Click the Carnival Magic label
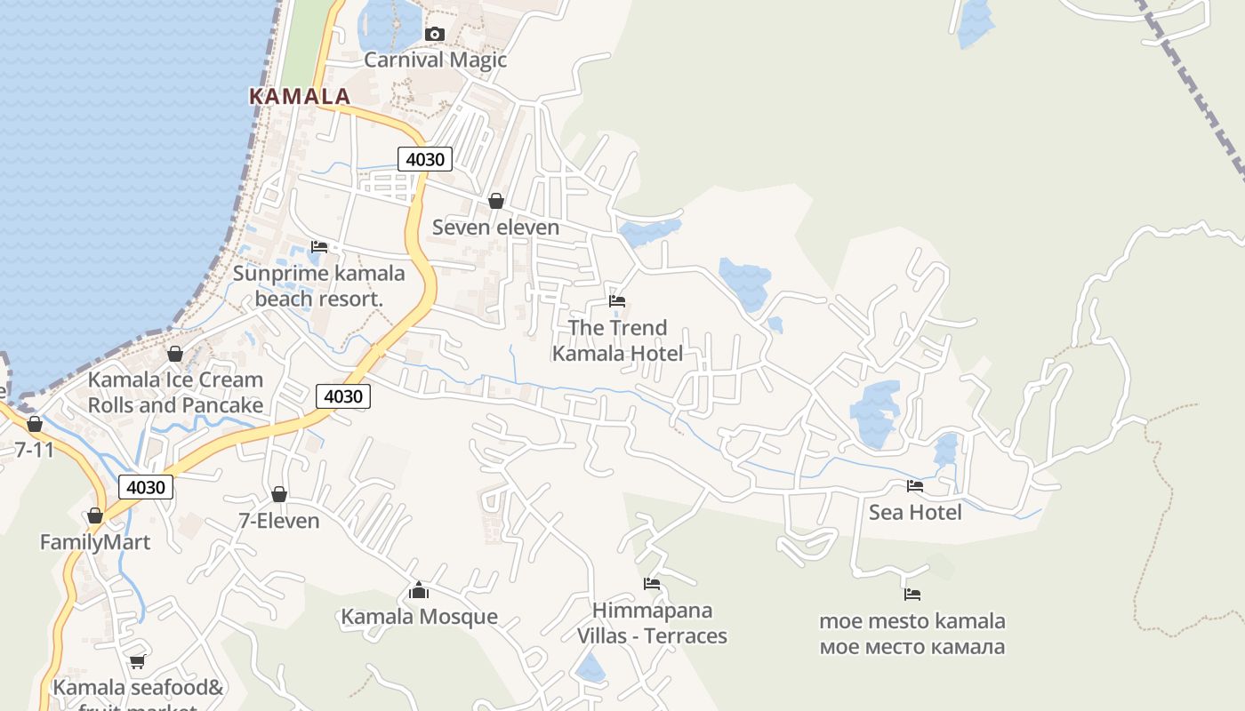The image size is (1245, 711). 435,60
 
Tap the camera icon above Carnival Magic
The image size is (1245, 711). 434,35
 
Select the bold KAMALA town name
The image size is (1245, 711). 300,96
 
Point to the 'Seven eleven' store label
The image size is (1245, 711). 495,227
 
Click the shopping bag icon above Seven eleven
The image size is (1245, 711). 496,202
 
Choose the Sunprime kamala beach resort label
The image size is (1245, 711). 318,285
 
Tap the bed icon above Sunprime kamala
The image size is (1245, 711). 319,246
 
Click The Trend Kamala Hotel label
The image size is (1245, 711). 617,340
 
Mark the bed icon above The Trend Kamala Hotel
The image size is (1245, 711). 617,301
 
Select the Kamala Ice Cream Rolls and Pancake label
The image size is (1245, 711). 175,392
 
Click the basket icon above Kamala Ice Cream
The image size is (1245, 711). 175,354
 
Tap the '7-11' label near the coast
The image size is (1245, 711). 34,449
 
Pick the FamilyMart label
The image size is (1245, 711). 95,541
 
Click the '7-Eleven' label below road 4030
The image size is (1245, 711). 279,520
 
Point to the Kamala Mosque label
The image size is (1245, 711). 419,616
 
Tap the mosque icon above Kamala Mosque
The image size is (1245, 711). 419,590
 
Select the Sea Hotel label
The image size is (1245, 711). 915,512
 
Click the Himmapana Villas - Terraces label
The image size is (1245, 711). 652,623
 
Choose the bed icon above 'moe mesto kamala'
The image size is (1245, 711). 912,595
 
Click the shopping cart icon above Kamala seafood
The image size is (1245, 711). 137,661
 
